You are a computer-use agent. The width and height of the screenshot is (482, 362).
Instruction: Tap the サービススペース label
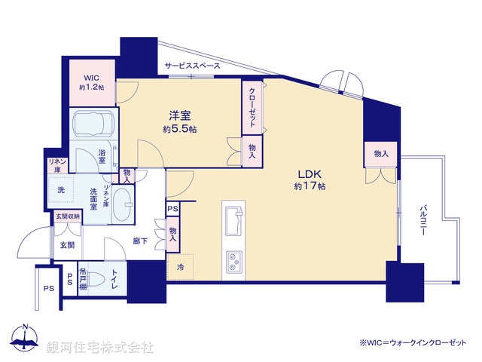click(x=193, y=66)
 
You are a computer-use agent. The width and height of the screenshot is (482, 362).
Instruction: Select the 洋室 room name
click(x=179, y=116)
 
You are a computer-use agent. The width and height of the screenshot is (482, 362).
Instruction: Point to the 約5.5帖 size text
click(x=179, y=130)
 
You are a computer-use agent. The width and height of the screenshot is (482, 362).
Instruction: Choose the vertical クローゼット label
click(x=252, y=109)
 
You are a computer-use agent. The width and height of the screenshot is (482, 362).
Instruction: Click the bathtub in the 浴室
click(x=90, y=124)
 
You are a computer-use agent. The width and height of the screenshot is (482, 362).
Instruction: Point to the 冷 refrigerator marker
click(x=181, y=266)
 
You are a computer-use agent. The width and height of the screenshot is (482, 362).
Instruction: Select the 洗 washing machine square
click(x=62, y=190)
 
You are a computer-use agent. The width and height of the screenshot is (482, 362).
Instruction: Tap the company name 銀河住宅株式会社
click(x=99, y=347)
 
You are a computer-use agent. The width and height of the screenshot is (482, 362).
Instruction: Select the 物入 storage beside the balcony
click(x=381, y=154)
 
